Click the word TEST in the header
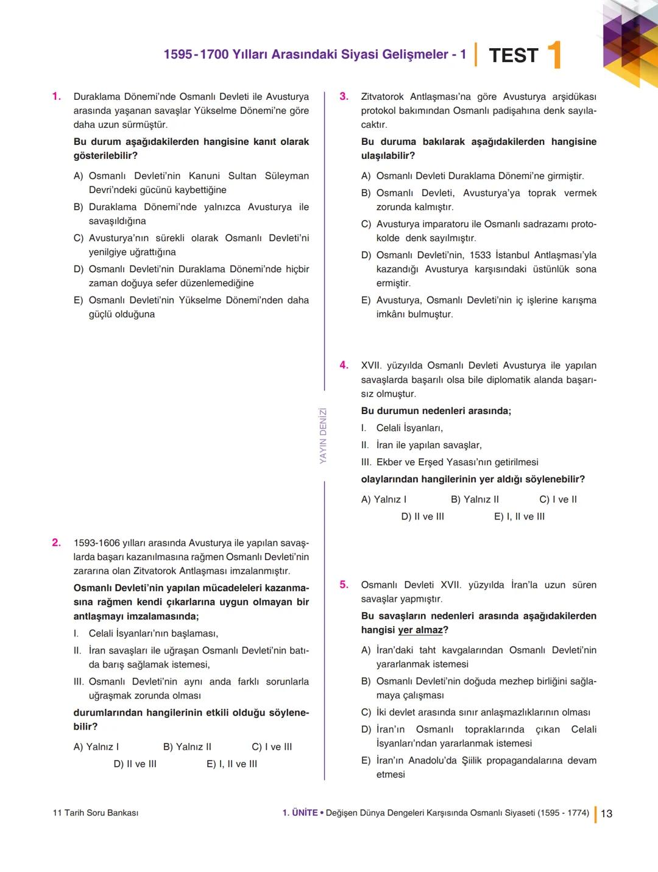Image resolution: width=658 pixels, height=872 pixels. click(x=513, y=55)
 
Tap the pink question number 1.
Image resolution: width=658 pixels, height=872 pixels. click(x=56, y=96)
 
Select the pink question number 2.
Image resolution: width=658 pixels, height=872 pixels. click(x=56, y=543)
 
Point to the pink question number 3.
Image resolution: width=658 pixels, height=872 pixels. click(x=344, y=96)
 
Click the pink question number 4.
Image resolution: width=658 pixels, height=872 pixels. click(x=344, y=365)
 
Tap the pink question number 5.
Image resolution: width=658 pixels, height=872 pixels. click(x=344, y=585)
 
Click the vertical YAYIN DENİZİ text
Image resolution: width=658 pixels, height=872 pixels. click(x=323, y=435)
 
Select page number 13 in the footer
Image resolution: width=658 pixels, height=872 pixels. click(x=606, y=814)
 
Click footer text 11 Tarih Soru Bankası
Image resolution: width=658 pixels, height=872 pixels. click(x=96, y=813)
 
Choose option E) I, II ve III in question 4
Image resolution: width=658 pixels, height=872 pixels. click(x=519, y=516)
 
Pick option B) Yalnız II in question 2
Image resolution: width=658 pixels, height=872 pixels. click(x=187, y=747)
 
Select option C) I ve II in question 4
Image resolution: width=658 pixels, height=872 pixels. click(x=557, y=499)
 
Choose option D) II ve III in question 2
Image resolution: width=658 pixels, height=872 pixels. click(x=135, y=764)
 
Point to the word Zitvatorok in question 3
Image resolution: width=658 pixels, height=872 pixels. click(x=382, y=97)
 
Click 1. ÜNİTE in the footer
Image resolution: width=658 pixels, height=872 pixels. click(x=300, y=813)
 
